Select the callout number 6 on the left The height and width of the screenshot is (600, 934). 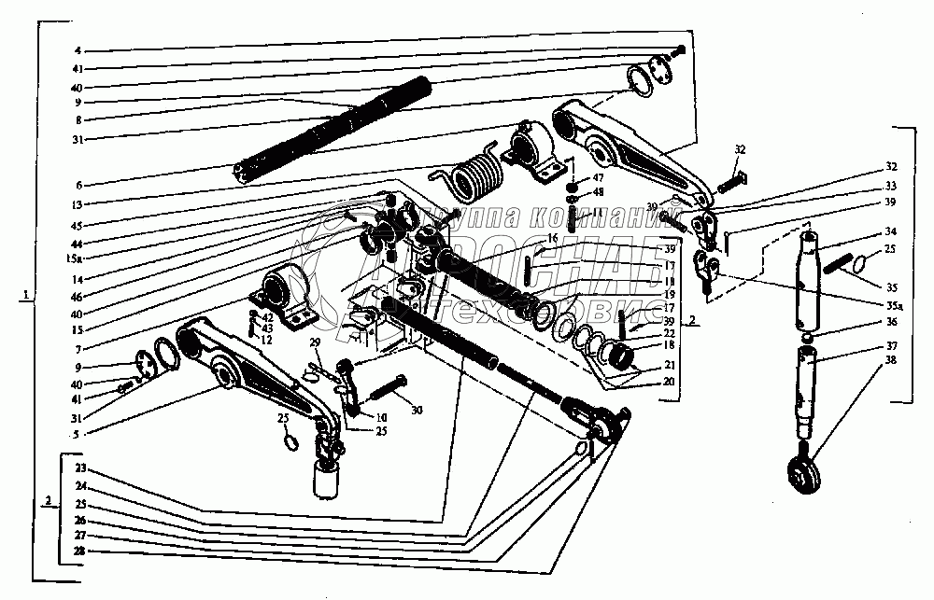78,185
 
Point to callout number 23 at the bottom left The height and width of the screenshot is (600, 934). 80,467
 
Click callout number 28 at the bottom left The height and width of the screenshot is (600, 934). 80,551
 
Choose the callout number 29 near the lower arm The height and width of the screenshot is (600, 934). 315,345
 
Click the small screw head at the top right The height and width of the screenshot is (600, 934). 680,48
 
